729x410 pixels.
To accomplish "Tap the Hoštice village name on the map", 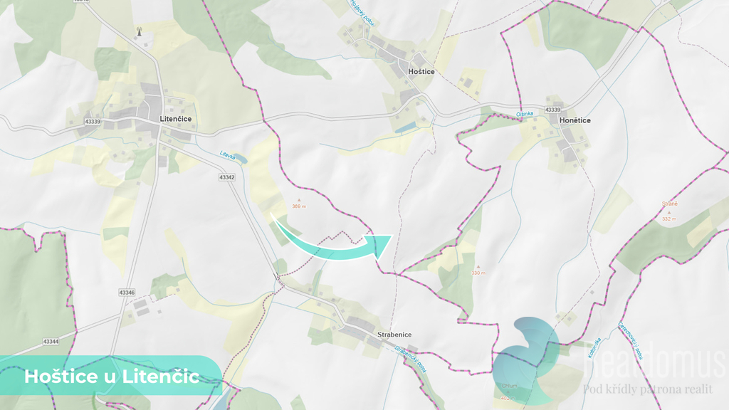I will pos(421,72).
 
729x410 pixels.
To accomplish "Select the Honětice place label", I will pos(575,120).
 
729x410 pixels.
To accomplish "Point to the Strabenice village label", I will pos(394,335).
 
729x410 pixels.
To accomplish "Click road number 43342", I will pos(227,177).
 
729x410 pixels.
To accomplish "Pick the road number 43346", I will pos(127,293).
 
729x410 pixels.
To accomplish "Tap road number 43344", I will pos(51,342).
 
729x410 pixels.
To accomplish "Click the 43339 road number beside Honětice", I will pos(552,110).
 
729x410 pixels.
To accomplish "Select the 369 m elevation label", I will pos(299,206).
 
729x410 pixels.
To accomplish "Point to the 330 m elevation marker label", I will pos(478,273).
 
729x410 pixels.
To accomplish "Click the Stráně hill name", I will pos(669,204).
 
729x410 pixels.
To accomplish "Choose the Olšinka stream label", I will pos(523,114).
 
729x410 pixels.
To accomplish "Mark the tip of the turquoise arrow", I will pos(392,236).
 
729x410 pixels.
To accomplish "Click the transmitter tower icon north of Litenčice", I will pos(139,32).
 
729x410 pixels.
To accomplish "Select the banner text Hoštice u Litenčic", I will pos(112,377).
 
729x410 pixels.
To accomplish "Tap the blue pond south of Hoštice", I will pos(406,127).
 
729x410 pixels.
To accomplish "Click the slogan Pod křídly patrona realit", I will pos(647,389).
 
